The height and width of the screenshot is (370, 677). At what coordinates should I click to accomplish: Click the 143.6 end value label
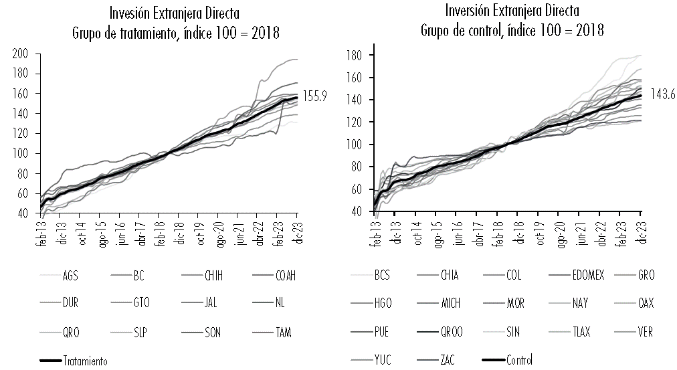click(x=660, y=95)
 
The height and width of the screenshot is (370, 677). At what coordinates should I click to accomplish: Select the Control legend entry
click(x=519, y=360)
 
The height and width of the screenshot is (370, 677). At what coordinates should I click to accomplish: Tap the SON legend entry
click(x=213, y=332)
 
